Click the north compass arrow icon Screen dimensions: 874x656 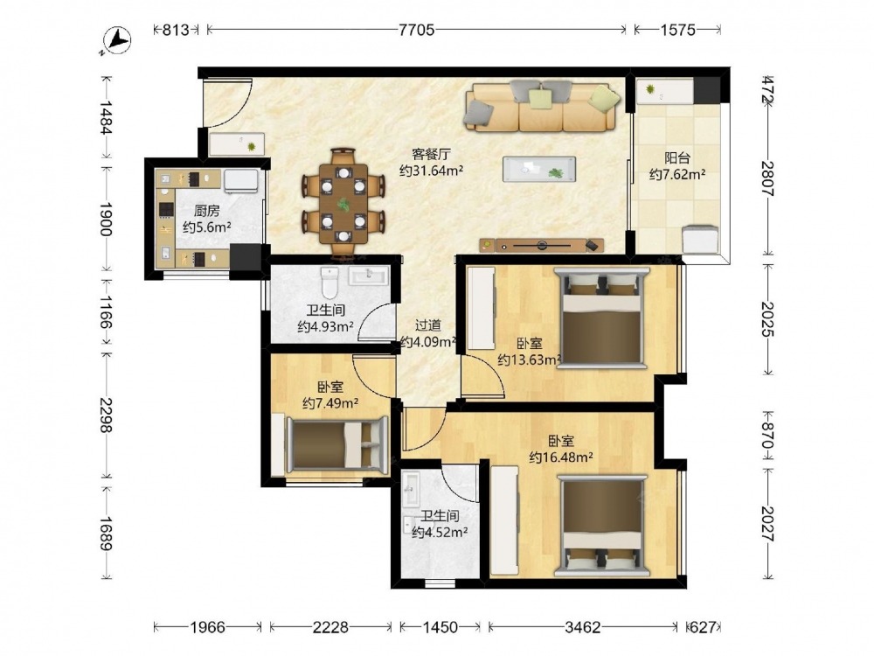tap(116, 41)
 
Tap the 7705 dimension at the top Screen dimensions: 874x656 tap(416, 30)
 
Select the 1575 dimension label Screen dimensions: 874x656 tap(678, 30)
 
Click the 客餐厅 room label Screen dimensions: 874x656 tap(431, 154)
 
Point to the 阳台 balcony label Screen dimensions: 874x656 tap(677, 157)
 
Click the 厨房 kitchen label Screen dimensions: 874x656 tap(206, 211)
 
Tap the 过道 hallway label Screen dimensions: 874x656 tap(428, 325)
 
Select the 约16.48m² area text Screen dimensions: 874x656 tap(561, 457)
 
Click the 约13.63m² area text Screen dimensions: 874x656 tap(529, 360)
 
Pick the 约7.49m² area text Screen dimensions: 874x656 tap(330, 402)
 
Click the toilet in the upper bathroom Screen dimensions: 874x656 tap(329, 283)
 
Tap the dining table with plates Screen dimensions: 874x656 tap(343, 204)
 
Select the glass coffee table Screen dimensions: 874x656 tap(539, 169)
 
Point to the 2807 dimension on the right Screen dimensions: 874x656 tap(768, 178)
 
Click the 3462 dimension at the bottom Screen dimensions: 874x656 tap(582, 627)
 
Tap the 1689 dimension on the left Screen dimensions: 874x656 tap(106, 534)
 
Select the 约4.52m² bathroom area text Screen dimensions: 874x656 tap(440, 533)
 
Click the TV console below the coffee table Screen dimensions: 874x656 tap(542, 245)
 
